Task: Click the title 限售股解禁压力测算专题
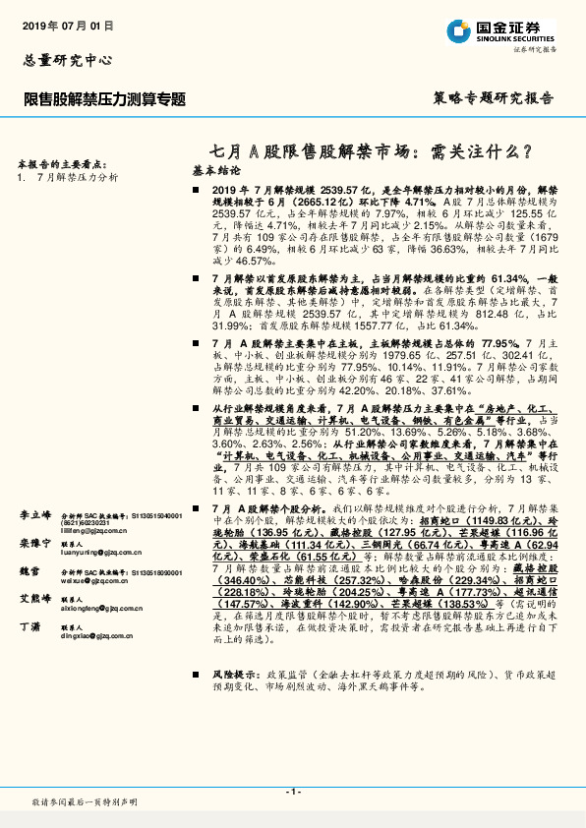(104, 99)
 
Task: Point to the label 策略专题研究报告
(493, 99)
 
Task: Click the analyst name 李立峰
(35, 515)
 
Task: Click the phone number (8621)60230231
(89, 522)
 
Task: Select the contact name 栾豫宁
(35, 543)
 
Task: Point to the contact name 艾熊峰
(35, 598)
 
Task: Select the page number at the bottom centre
(292, 792)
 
